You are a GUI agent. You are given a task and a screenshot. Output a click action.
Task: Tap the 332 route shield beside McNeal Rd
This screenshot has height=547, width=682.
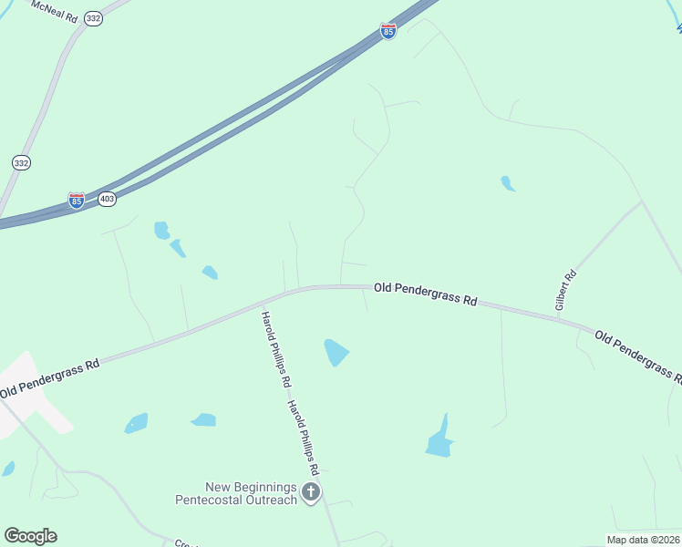(93, 18)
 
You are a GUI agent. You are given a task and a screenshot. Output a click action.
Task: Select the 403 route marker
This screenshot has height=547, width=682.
(108, 199)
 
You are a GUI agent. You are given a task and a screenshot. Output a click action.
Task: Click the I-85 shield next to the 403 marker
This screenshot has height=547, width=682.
(77, 200)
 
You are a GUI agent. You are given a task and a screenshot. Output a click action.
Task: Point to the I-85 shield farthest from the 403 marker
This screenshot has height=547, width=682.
(388, 32)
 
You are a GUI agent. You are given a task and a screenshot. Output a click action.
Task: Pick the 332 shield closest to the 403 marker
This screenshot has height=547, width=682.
(21, 162)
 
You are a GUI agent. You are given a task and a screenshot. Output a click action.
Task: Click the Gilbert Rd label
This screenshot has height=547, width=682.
(566, 288)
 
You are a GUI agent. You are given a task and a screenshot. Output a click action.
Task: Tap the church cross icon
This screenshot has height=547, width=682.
(310, 493)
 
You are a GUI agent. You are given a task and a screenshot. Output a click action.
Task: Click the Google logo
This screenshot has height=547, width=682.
(30, 536)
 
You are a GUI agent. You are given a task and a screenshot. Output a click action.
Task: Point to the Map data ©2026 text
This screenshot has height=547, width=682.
(643, 540)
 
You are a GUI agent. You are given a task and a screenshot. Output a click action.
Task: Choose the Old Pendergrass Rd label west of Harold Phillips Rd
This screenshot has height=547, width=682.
(49, 379)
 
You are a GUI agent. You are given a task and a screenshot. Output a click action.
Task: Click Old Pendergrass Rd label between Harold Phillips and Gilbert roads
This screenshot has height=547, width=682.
(425, 294)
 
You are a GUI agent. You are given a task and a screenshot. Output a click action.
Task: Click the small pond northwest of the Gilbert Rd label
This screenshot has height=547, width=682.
(508, 183)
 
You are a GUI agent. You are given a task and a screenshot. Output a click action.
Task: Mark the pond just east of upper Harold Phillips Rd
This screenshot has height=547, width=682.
(336, 351)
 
